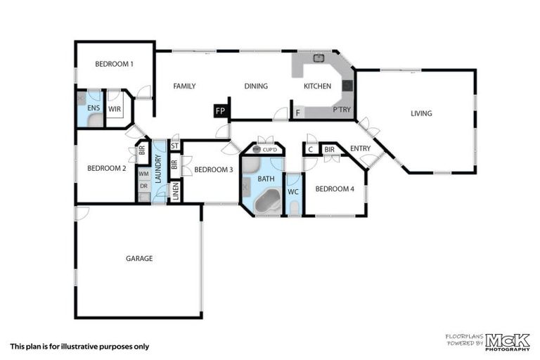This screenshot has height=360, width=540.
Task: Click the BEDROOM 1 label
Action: (x=114, y=64)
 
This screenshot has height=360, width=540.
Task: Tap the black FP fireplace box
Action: (x=220, y=112)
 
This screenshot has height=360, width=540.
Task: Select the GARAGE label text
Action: (x=139, y=259)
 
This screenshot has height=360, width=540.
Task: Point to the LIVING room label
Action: (x=421, y=114)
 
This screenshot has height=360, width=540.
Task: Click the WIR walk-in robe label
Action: (x=115, y=109)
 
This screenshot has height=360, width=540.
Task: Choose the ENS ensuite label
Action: (x=93, y=108)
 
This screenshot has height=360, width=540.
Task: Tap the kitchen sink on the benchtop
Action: (x=318, y=59)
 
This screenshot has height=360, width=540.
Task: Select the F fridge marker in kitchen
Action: (x=297, y=112)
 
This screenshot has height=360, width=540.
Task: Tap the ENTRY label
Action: (x=360, y=148)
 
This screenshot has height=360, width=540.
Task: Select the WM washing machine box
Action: (x=143, y=174)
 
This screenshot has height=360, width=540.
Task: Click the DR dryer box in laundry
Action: (x=143, y=186)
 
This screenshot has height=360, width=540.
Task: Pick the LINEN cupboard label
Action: (x=175, y=191)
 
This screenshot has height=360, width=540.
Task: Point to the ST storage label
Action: (x=175, y=146)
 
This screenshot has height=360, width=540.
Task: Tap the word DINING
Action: (x=256, y=86)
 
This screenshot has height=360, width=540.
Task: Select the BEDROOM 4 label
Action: (x=334, y=189)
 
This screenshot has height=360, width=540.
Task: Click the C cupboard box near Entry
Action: (x=310, y=149)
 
